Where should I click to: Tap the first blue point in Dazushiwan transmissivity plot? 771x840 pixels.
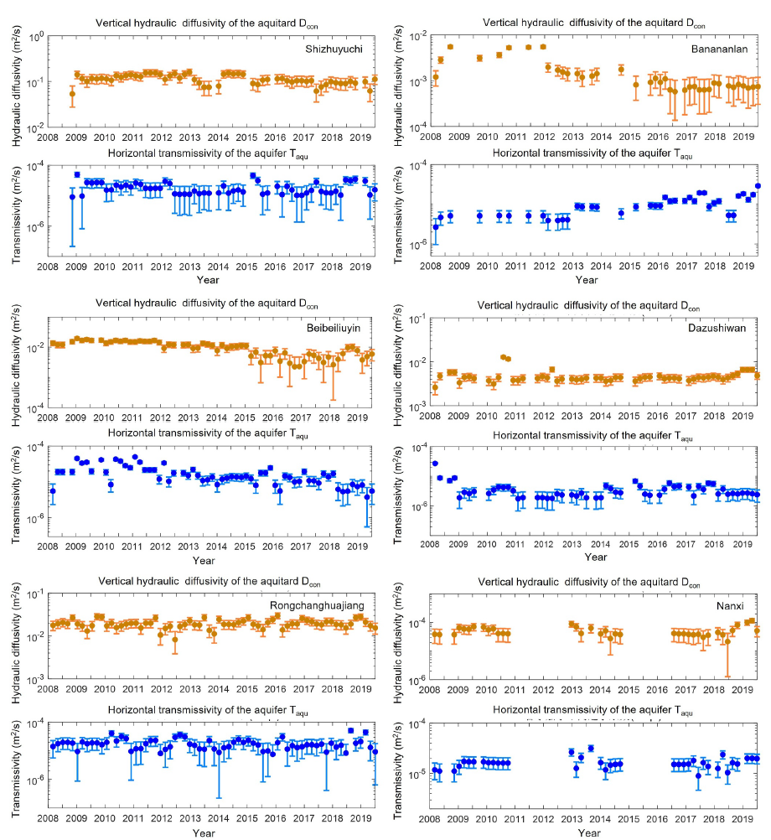point(435,463)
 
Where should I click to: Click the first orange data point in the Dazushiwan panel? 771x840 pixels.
point(435,387)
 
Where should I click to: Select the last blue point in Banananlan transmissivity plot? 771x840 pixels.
point(758,186)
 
